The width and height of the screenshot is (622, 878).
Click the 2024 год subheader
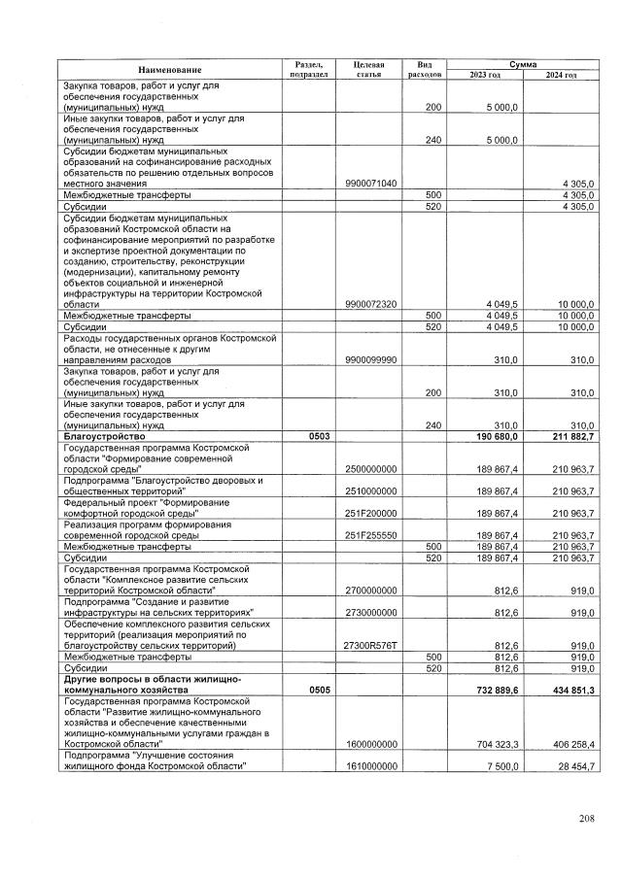tap(561, 75)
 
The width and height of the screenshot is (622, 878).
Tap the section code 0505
tap(318, 689)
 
